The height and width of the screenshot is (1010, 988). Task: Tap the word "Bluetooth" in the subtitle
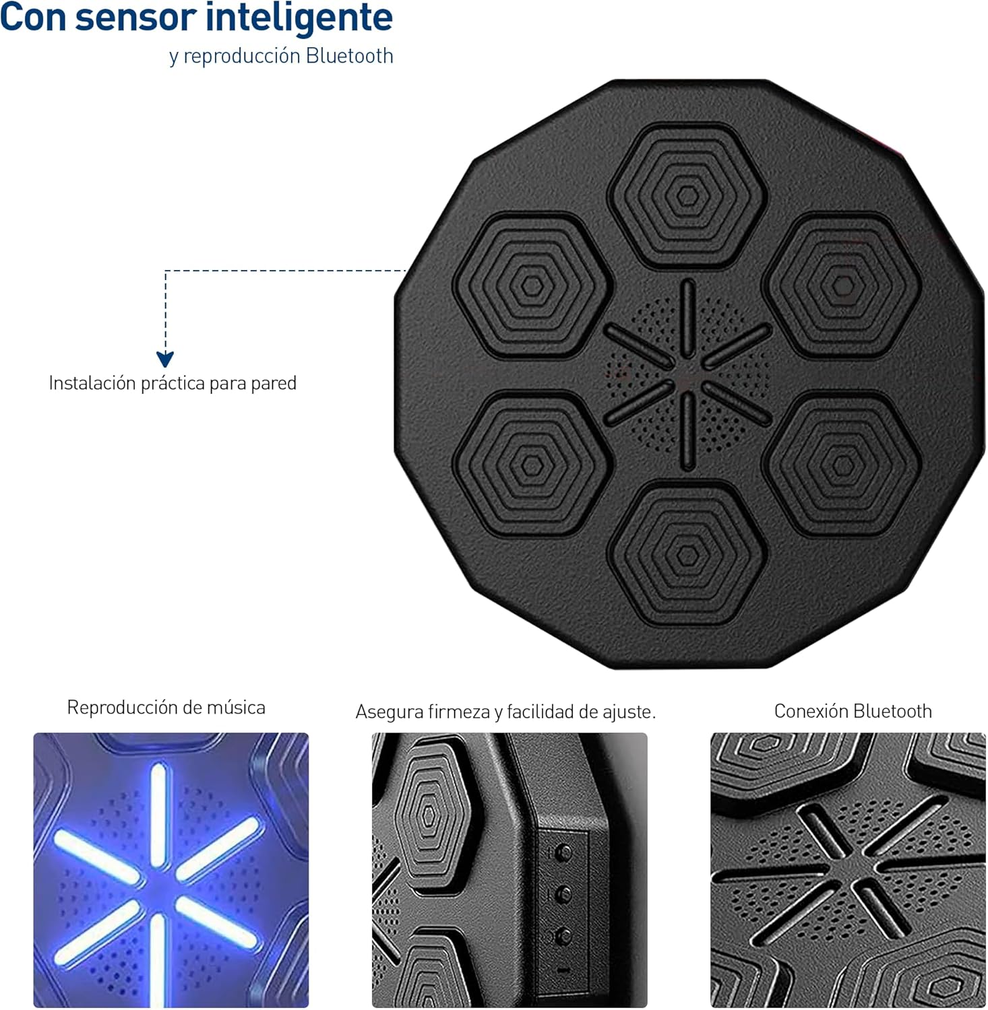[x=349, y=55]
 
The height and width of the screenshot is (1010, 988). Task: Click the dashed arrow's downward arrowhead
[x=165, y=359]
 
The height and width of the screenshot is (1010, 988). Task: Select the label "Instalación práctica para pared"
[x=173, y=383]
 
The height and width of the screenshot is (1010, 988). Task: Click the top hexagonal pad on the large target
[x=687, y=196]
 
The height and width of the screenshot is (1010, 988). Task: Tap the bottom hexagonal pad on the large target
[x=687, y=555]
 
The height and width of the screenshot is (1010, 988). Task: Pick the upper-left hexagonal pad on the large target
[x=532, y=285]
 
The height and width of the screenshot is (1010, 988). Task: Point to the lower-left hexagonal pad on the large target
[x=532, y=465]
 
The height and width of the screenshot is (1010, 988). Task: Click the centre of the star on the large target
[x=687, y=375]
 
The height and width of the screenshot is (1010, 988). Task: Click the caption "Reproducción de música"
[x=166, y=707]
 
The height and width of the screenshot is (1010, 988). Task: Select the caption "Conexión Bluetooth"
[x=853, y=711]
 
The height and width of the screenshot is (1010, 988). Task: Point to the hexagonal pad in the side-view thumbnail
[x=429, y=815]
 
